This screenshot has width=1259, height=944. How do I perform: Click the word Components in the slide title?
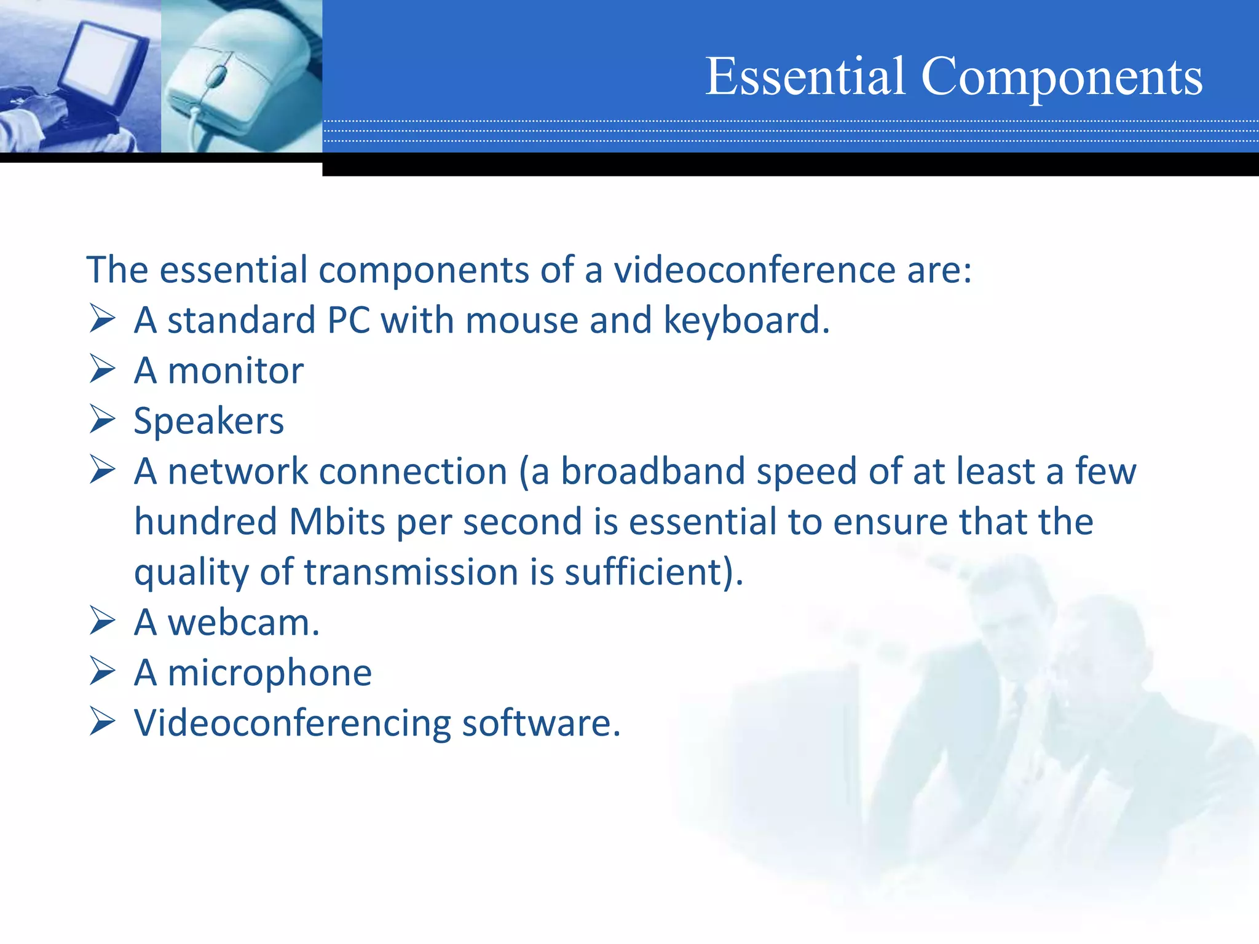tap(1062, 77)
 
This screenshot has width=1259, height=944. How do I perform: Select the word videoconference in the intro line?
tap(755, 270)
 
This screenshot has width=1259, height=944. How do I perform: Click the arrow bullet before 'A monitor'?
tap(102, 369)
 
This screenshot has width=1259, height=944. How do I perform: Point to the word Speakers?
tap(209, 422)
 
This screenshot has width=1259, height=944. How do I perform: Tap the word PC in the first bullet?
tap(349, 321)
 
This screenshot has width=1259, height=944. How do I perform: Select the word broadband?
tap(652, 472)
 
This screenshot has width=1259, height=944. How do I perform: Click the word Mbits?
tap(337, 522)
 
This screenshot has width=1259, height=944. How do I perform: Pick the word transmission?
tap(411, 573)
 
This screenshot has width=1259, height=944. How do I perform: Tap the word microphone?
tap(269, 674)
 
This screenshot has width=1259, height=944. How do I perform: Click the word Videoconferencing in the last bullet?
tap(292, 724)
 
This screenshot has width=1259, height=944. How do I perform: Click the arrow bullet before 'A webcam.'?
tap(102, 621)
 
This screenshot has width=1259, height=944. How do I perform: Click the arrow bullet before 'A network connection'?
tap(102, 470)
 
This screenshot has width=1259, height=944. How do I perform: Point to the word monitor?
tap(235, 371)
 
